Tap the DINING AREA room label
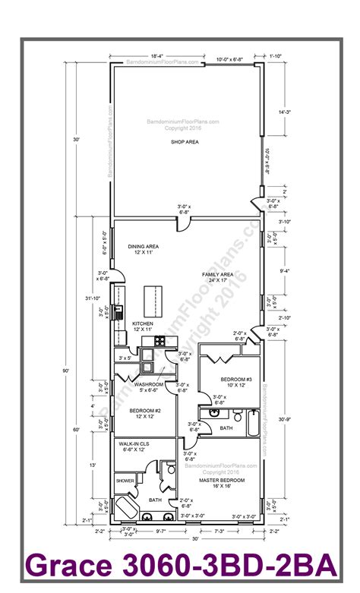pos(143,249)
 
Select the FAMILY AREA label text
pos(217,276)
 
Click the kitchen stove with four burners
pos(119,311)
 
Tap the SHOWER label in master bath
pos(125,481)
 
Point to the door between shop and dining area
pos(184,222)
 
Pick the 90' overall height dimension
pos(67,371)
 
